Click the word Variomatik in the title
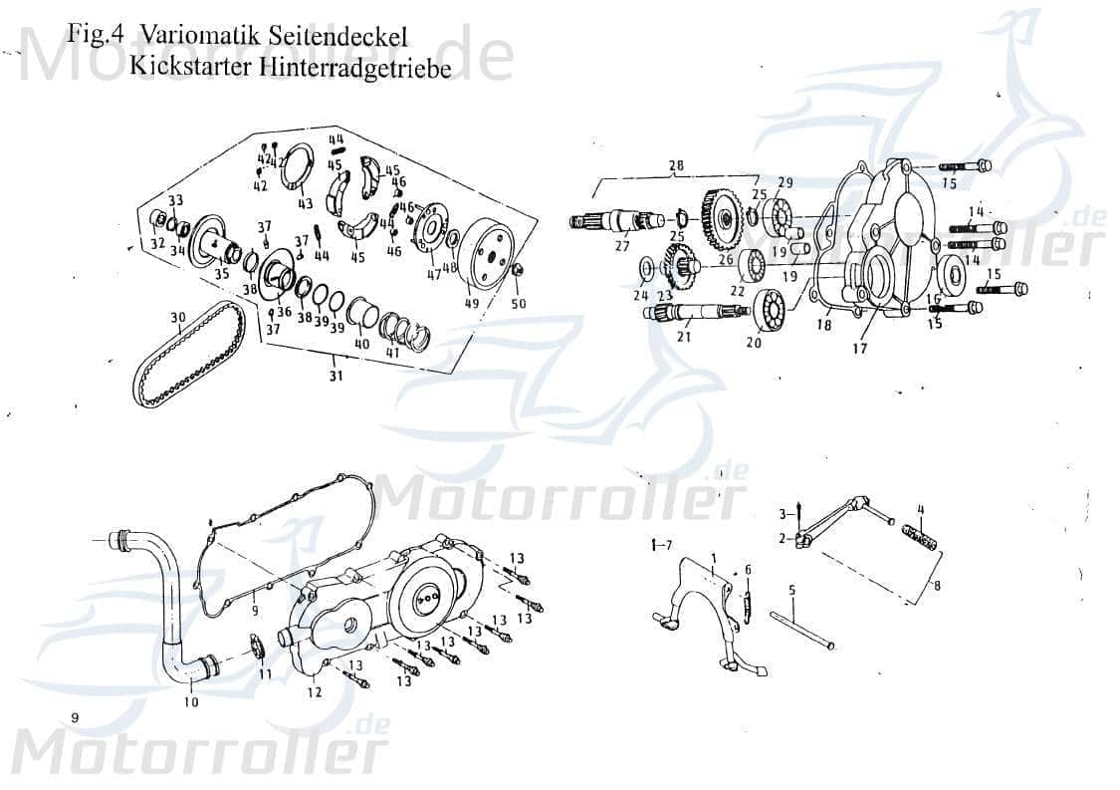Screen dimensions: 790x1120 203,34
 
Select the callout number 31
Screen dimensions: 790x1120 336,376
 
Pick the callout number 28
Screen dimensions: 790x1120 676,165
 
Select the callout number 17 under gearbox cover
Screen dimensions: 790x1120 859,349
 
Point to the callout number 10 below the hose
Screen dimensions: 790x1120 191,701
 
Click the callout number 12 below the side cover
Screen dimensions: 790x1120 314,693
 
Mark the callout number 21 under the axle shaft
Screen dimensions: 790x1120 684,336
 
